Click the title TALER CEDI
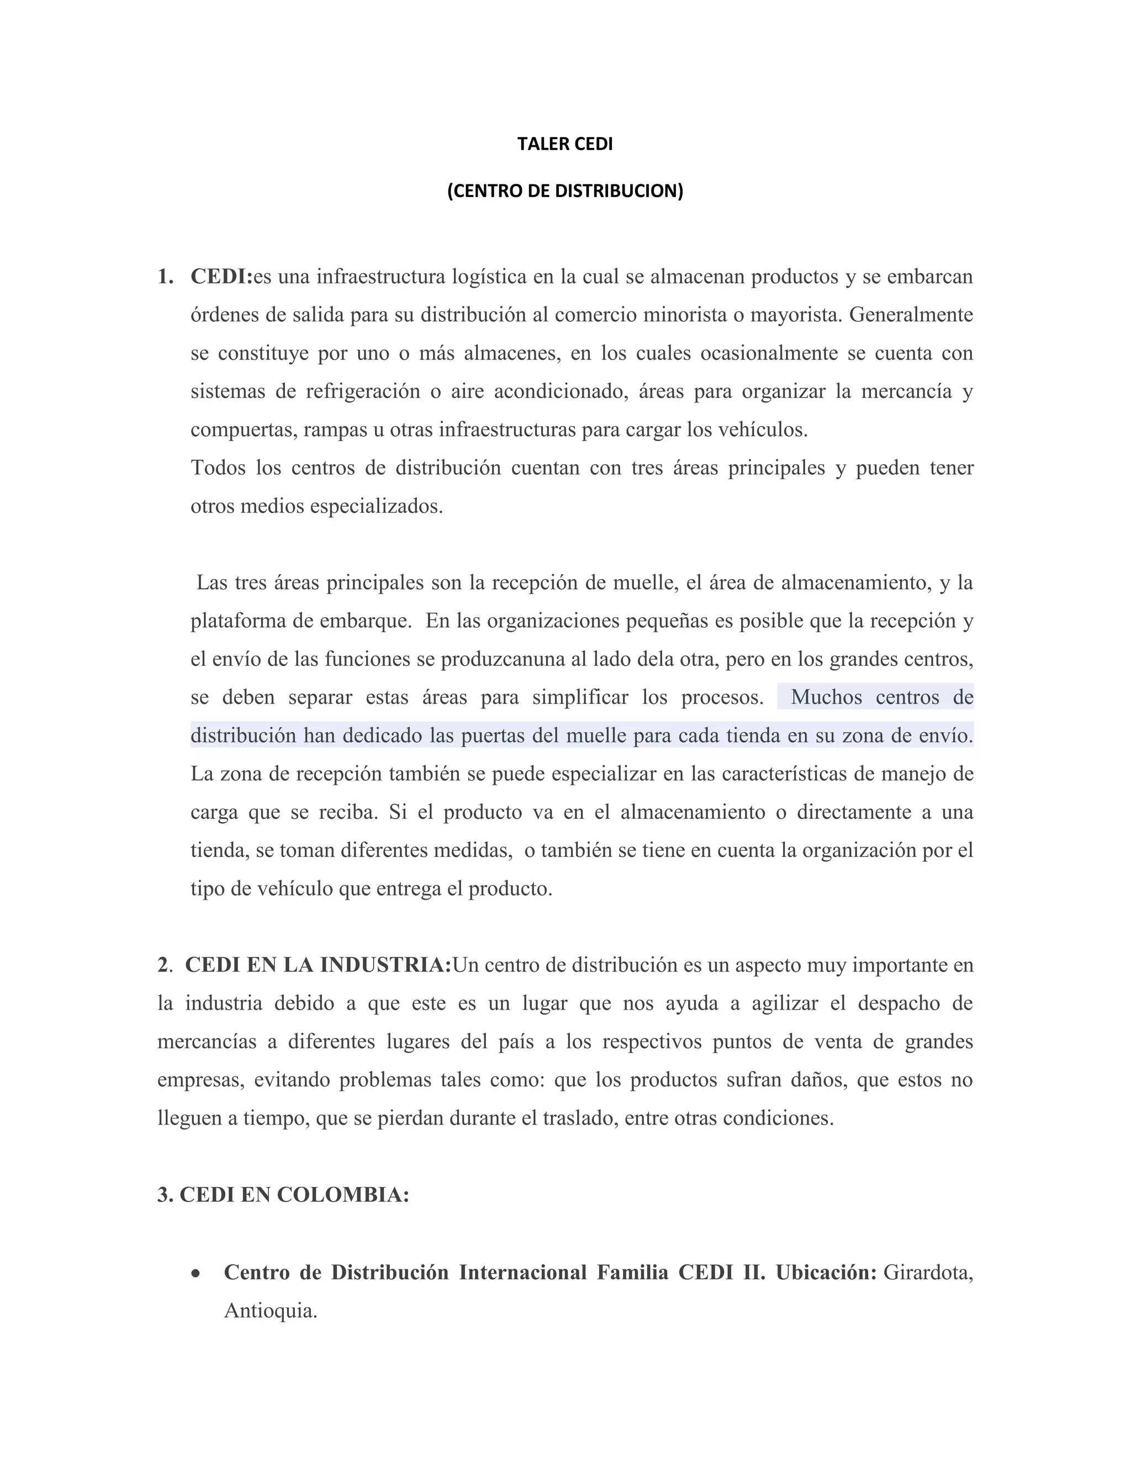coord(565,144)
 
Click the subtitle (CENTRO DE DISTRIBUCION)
coord(565,191)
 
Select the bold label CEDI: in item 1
coord(221,276)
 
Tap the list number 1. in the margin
coord(166,276)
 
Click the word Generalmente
coord(911,314)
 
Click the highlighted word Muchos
coord(826,697)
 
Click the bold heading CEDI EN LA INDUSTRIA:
coord(318,965)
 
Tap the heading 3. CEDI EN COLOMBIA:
coord(283,1195)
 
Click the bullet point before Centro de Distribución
coord(195,1273)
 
